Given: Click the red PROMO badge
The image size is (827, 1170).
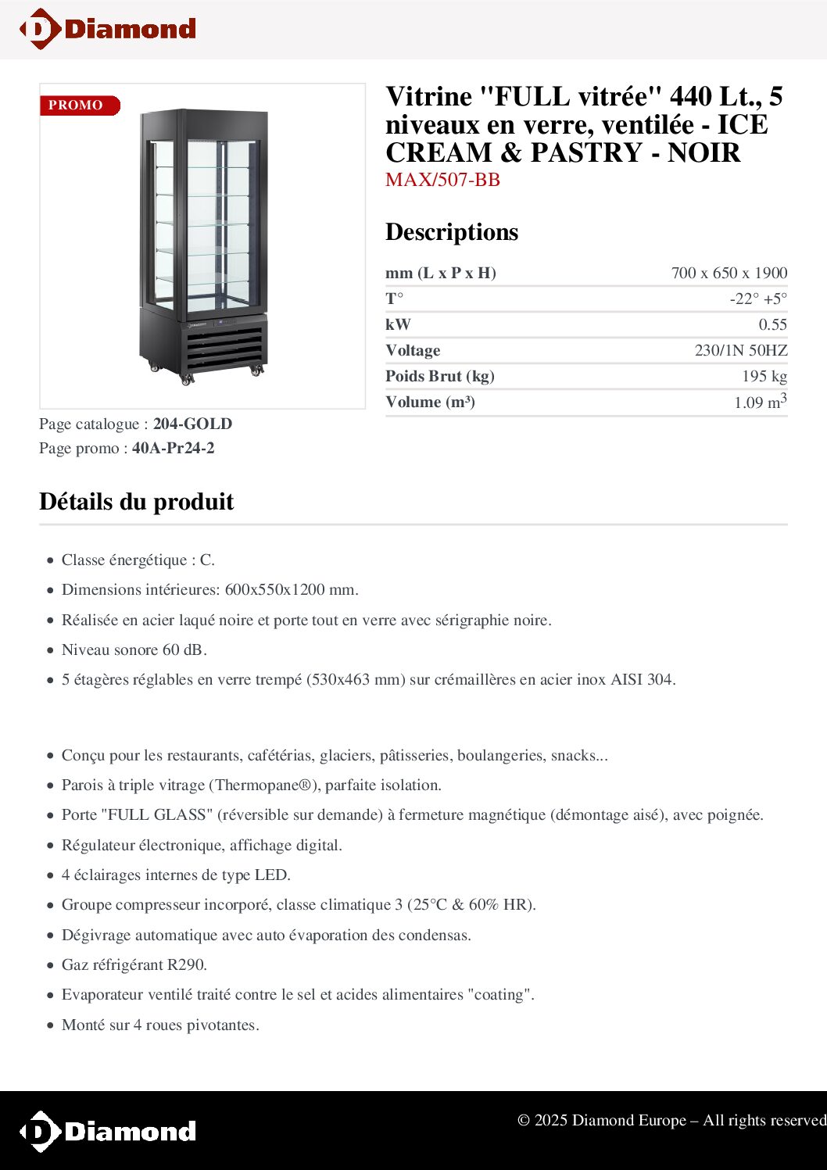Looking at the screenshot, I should tap(79, 106).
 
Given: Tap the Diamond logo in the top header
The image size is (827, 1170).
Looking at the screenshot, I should tap(108, 29).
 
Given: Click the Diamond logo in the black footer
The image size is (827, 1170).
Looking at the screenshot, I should tap(108, 1131).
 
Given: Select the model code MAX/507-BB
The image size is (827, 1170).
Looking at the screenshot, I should tap(442, 180).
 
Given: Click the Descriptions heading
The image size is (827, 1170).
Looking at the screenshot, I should tap(452, 232).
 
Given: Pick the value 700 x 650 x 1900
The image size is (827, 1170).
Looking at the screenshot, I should tap(729, 273).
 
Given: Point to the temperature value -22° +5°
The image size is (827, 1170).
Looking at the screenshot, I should tap(758, 299).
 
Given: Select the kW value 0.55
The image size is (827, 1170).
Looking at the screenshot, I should tap(772, 324).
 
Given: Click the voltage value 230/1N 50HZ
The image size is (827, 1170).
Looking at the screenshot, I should tap(740, 350).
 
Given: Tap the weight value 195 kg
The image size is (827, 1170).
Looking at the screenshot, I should tap(764, 376).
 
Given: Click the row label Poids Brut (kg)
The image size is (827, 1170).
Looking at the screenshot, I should tap(440, 376).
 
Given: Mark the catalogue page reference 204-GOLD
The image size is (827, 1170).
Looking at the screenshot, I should tap(192, 424).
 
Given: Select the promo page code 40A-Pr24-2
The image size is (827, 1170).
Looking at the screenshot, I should tap(173, 448).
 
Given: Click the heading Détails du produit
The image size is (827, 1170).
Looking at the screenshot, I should tap(137, 502).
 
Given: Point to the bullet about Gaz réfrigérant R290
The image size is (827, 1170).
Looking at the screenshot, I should tap(134, 964).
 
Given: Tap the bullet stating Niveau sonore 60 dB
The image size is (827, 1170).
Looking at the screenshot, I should tap(134, 649).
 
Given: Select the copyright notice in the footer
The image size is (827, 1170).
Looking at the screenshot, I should tap(671, 1120).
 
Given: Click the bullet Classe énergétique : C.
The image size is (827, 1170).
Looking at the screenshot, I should tap(138, 560).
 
